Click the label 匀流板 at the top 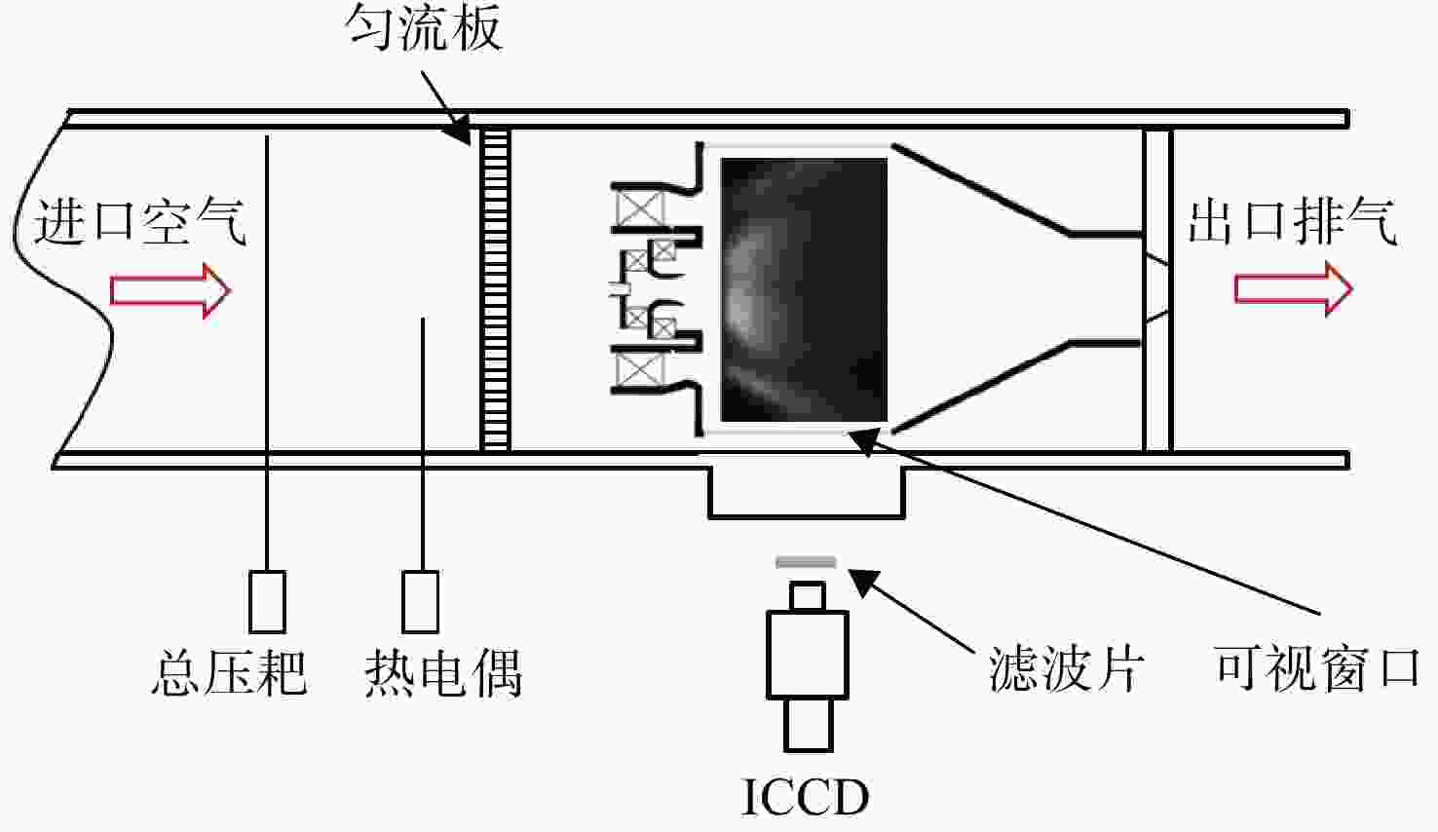[424, 28]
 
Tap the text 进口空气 [140, 222]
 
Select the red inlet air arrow [170, 291]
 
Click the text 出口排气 [1292, 222]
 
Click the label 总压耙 [229, 673]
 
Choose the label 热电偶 [443, 673]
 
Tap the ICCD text [806, 797]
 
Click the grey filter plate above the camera [807, 562]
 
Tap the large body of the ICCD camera [808, 655]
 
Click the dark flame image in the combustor [805, 290]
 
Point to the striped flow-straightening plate [495, 289]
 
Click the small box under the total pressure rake [267, 602]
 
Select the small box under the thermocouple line [421, 602]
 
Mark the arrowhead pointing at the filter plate [862, 582]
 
